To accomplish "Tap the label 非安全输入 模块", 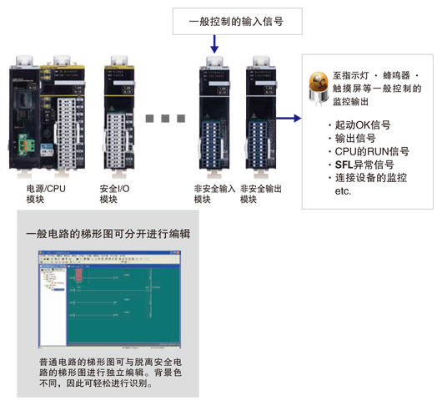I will tap(214, 195).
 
